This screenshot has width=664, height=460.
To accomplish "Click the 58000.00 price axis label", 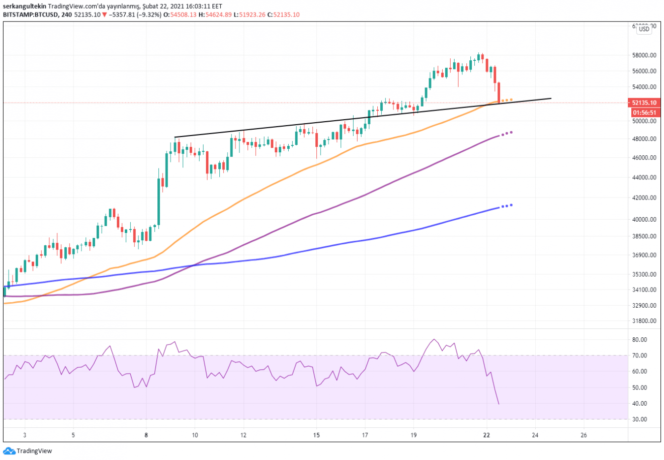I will tap(644, 55).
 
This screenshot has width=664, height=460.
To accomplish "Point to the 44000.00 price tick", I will tap(644, 177).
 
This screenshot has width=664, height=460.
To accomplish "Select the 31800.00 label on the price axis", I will tap(644, 321).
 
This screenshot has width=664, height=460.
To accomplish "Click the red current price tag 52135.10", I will tap(644, 103).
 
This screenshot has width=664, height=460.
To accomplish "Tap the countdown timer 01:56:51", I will tap(644, 112).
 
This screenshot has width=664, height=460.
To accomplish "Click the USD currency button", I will tap(644, 29).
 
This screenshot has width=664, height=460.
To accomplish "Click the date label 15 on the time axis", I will tap(316, 435).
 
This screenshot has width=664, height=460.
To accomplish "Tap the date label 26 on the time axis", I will tap(584, 435).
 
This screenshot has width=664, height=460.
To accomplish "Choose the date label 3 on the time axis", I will tap(25, 435).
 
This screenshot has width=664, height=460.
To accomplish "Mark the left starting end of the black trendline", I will tap(175, 137).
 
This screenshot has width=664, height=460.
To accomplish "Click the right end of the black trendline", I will tap(551, 98).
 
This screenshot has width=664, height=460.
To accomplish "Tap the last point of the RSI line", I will tap(499, 404).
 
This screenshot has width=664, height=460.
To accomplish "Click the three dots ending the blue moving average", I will tap(506, 206).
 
